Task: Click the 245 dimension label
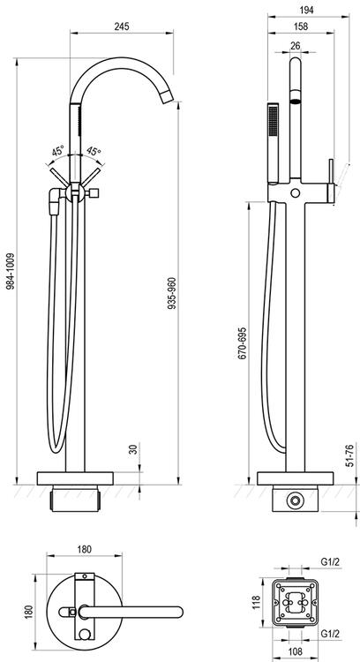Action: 122,26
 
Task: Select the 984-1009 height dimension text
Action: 11,271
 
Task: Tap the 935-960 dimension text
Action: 172,293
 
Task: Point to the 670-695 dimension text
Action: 242,342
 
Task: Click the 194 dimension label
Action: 306,10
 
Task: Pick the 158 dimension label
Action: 301,26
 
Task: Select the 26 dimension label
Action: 296,46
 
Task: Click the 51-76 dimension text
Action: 349,455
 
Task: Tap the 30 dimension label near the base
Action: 134,448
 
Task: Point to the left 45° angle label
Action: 58,150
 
